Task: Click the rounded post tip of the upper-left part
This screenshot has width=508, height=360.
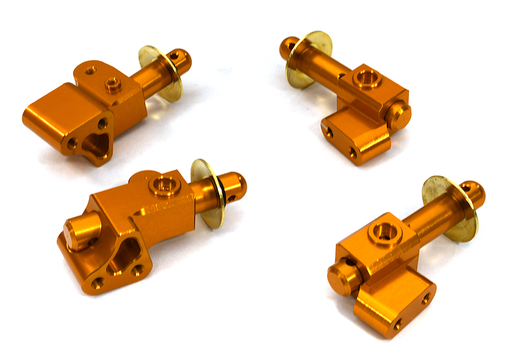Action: [x=182, y=61]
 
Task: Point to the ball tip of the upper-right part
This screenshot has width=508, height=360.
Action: [x=288, y=47]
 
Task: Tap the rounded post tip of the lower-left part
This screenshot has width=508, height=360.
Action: [x=234, y=185]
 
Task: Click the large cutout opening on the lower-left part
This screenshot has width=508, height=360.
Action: [x=125, y=257]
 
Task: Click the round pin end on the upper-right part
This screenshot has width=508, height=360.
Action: [x=399, y=114]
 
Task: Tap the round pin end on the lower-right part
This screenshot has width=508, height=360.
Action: [x=340, y=279]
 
